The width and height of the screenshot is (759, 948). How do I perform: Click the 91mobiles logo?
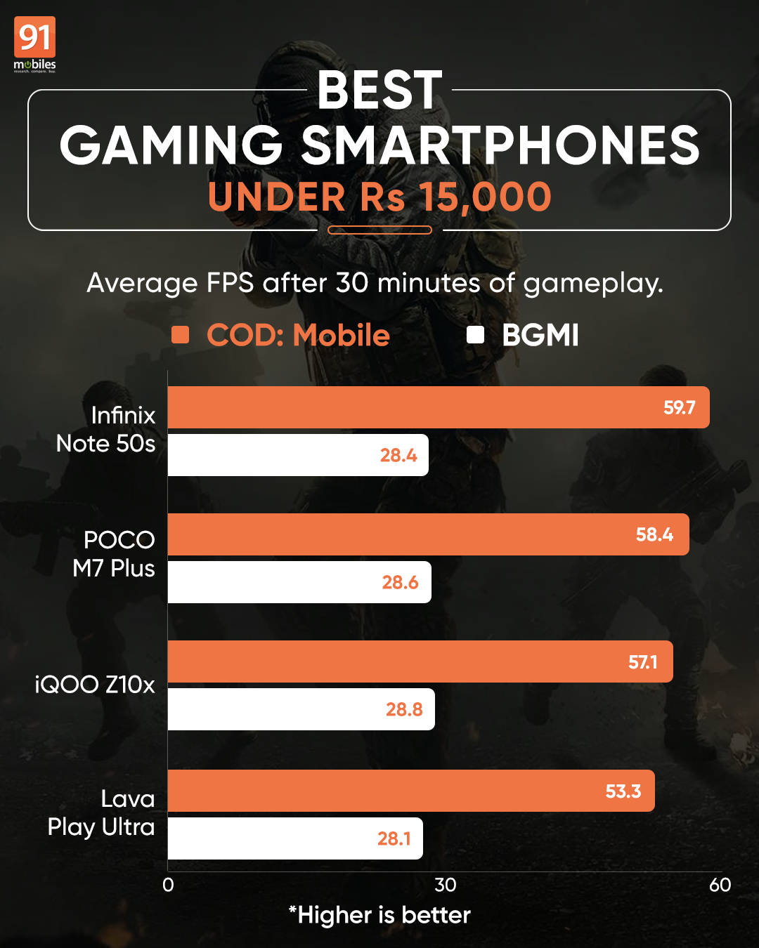[34, 44]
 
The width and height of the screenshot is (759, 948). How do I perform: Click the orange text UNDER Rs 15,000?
[379, 197]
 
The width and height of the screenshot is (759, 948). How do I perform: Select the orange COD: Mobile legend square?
[181, 335]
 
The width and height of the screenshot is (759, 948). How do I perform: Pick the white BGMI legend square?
[476, 335]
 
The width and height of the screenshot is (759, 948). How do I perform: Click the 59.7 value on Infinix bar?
[679, 407]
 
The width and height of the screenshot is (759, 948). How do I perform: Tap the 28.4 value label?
[398, 455]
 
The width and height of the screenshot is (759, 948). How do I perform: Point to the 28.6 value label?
[400, 582]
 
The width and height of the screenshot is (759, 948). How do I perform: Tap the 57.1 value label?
[642, 661]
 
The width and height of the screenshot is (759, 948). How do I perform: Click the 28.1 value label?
[394, 838]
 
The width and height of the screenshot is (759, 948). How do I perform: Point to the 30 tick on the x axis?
[445, 885]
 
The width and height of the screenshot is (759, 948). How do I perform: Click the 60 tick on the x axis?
[720, 885]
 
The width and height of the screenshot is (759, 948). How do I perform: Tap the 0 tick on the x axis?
[168, 885]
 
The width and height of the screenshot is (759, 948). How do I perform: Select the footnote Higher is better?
[379, 915]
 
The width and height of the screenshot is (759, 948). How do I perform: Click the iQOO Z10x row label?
[95, 684]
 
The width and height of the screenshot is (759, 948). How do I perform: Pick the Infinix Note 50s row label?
[106, 429]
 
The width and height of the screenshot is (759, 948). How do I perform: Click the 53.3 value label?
[623, 791]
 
